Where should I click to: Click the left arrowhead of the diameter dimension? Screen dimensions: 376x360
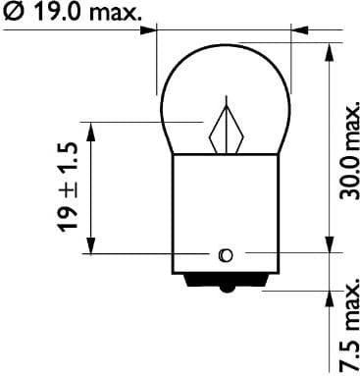[150, 29]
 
